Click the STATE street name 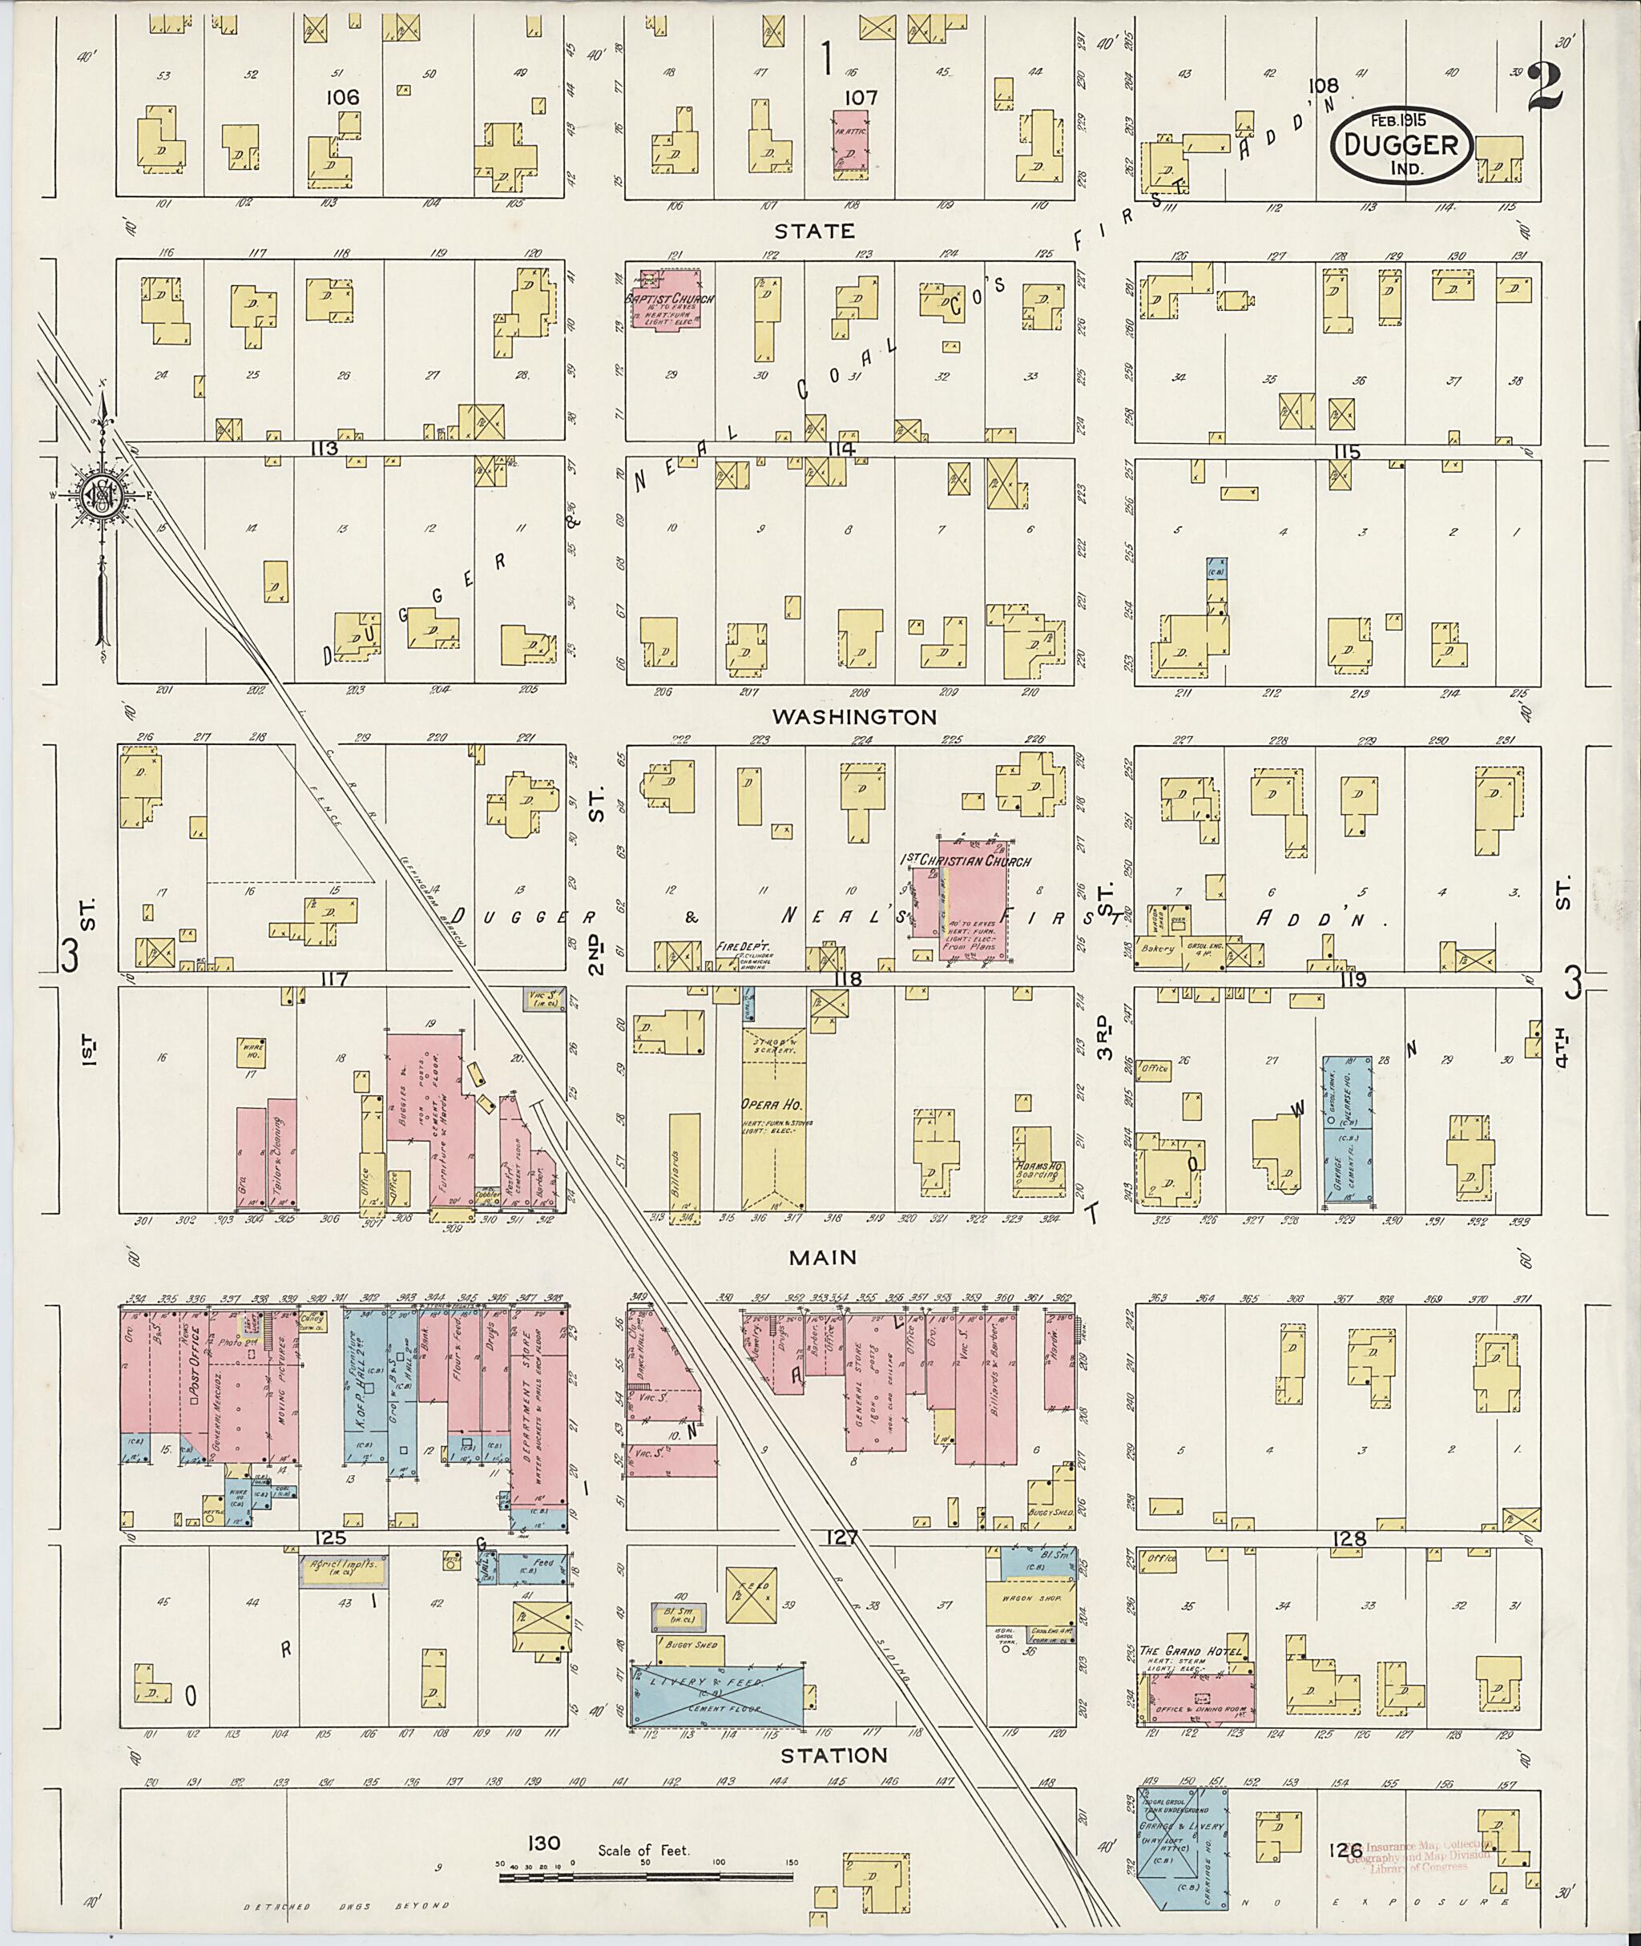pos(814,231)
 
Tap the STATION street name pos(833,1756)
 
